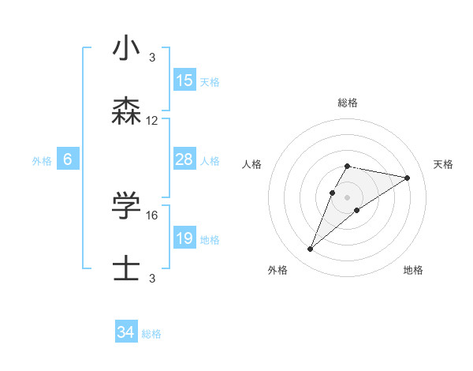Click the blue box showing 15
point(184,81)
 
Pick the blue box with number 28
point(184,159)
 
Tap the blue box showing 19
point(184,238)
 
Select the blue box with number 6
point(68,159)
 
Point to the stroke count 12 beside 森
point(152,121)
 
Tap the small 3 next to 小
point(152,57)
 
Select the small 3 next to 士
point(152,278)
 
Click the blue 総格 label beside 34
point(151,334)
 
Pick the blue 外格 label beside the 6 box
point(42,161)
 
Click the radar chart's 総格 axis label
point(348,103)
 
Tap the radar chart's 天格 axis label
point(443,164)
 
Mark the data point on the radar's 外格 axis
point(310,249)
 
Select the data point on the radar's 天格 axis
point(408,178)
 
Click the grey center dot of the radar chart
point(348,197)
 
